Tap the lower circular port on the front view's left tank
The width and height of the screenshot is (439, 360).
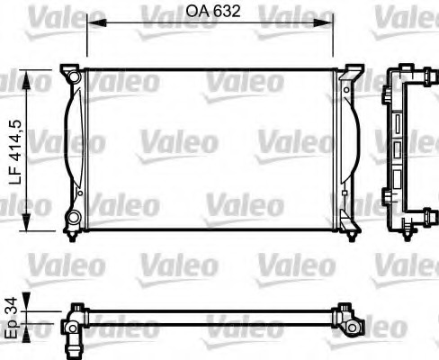point(74,217)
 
